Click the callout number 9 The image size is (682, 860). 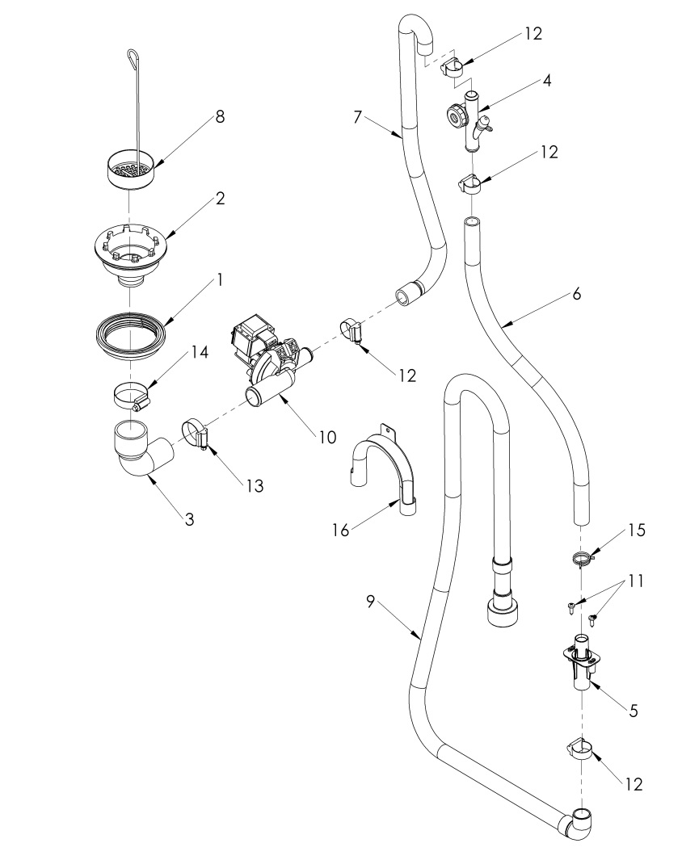371,602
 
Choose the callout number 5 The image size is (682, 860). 633,711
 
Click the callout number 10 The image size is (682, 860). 326,437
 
